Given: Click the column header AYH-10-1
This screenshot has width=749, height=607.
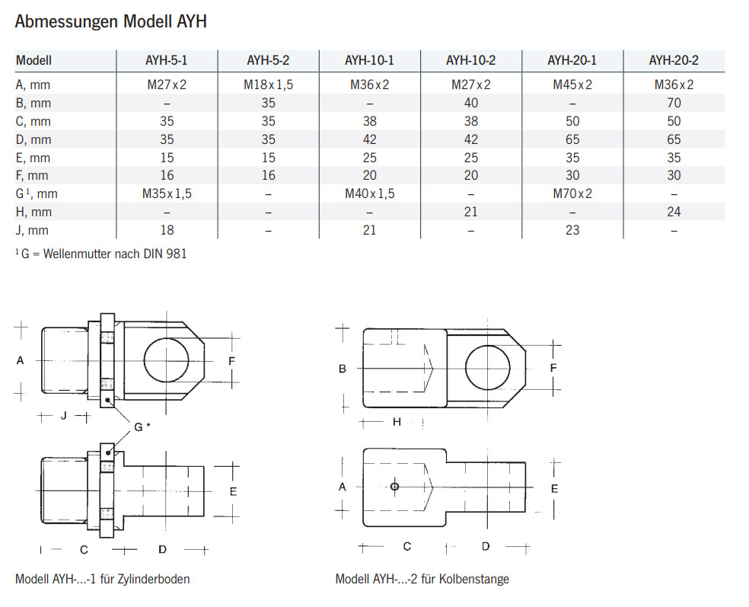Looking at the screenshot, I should pos(369,61).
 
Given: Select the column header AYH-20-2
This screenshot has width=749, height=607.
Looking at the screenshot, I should pos(673,61).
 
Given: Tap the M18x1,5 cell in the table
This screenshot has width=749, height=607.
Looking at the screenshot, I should pos(268,85).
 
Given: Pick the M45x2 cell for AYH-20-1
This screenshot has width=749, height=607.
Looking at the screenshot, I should pos(572,85).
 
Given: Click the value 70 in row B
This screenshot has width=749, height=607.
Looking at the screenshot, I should pos(674,103).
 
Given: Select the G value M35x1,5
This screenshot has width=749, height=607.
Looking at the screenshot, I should pos(167,193).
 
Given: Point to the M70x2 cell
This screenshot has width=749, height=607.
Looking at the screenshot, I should pos(572,193).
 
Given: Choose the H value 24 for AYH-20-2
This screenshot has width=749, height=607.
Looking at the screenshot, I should pos(674,212).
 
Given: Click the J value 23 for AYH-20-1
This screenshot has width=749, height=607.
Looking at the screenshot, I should pos(572,230).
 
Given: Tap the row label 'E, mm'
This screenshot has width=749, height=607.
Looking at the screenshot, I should pos(33,158).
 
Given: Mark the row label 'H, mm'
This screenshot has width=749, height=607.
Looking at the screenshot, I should pos(33,212).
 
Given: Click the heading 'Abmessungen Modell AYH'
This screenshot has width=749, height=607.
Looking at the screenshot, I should pos(110,22).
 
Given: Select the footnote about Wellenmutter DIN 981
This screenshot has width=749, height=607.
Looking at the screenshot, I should pos(100,254).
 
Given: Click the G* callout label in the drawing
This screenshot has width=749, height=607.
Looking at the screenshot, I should pos(141,427).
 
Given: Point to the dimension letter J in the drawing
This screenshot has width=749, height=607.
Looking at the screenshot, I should pos(64,416).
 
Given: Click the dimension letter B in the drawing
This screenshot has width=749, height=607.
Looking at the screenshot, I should pos(343,369).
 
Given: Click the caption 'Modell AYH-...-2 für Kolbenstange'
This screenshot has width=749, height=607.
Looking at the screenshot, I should pos(422,579).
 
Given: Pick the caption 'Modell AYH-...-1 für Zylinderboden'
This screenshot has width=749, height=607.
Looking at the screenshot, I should pos(102,579).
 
